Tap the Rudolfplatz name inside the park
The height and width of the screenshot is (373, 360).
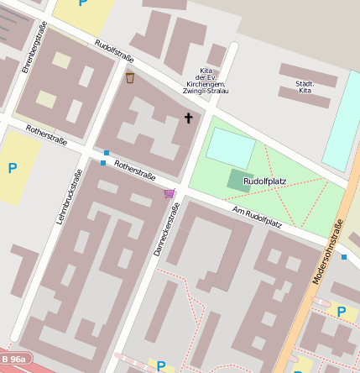click(264, 181)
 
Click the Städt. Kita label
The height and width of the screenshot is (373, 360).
click(305, 87)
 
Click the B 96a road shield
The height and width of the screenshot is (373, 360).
click(13, 360)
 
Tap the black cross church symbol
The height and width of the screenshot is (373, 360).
click(188, 118)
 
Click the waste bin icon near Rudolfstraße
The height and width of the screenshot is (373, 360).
click(130, 78)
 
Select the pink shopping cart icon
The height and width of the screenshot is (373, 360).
click(169, 193)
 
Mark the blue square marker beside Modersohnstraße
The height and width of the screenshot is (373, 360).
click(344, 257)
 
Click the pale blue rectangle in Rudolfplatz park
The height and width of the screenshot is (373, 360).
click(230, 147)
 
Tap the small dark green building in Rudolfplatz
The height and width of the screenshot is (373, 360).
click(238, 179)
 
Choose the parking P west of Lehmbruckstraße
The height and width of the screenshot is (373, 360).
click(12, 169)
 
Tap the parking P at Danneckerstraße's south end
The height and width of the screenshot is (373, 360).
click(159, 365)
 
